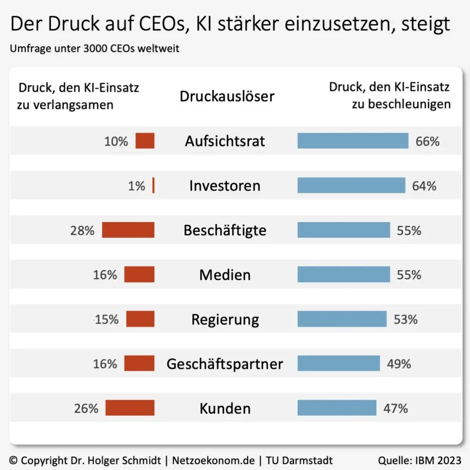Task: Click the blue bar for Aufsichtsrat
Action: point(352,141)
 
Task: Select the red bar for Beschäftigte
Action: point(128,230)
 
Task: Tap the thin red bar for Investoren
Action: point(153,186)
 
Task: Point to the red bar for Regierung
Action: point(140,319)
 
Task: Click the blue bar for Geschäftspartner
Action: point(339,364)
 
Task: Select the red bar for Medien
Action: point(140,274)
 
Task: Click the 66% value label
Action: point(427,141)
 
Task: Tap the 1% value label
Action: point(136,186)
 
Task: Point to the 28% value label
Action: point(82,230)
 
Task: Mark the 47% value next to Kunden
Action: point(396,408)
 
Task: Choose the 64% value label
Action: point(425,186)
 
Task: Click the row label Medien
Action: point(225,275)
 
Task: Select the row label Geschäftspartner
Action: point(225,364)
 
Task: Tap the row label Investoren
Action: point(225,186)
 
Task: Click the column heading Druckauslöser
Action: point(227,96)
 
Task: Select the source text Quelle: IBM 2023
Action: point(419,460)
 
